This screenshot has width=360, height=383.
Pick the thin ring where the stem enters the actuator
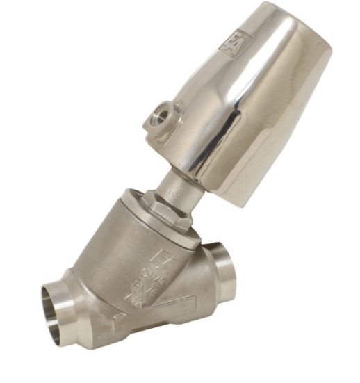[x=186, y=170]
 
